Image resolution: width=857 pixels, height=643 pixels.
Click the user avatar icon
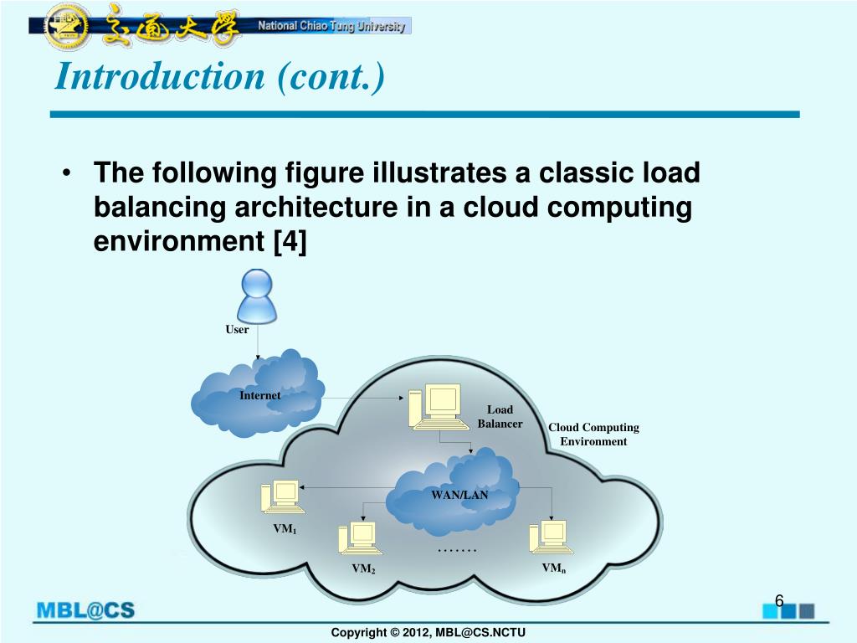(257, 296)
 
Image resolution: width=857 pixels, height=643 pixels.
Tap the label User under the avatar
(237, 330)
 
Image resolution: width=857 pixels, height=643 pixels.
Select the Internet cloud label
(260, 395)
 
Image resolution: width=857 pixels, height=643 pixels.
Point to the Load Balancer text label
(500, 416)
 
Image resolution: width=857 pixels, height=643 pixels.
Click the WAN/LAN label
(459, 495)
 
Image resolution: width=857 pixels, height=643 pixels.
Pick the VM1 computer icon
(281, 496)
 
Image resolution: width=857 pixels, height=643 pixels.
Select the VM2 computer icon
(358, 538)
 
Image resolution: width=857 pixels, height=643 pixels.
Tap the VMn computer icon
(551, 538)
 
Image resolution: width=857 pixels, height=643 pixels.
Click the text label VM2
(363, 569)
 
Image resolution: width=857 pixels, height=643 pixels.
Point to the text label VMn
(553, 568)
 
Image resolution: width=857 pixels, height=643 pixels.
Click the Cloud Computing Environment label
(593, 435)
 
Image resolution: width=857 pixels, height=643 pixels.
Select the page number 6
(778, 601)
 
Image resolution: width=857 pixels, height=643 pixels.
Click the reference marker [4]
(290, 242)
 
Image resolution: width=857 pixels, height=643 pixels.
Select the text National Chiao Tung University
(331, 26)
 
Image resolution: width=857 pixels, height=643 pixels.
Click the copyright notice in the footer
(428, 632)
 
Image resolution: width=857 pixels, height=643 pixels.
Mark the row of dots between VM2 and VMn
(457, 550)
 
